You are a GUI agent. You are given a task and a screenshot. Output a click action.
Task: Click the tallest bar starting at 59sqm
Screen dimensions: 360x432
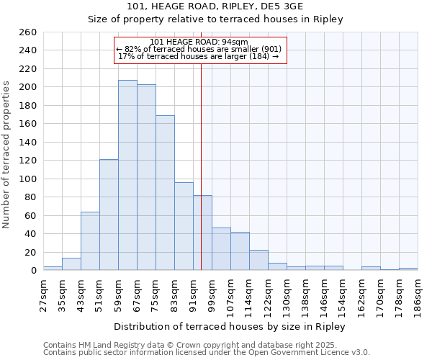[127, 175]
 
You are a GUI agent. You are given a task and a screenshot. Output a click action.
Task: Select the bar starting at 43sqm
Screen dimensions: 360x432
[90, 241]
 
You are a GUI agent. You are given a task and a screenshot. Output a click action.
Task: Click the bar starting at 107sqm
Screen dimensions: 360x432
[240, 251]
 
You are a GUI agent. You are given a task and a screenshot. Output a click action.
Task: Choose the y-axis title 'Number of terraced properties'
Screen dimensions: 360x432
[7, 155]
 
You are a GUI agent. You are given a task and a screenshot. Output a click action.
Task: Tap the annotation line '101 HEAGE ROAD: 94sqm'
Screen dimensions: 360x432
[199, 42]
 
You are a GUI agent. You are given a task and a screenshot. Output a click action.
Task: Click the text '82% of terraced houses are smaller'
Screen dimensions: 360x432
[199, 49]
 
